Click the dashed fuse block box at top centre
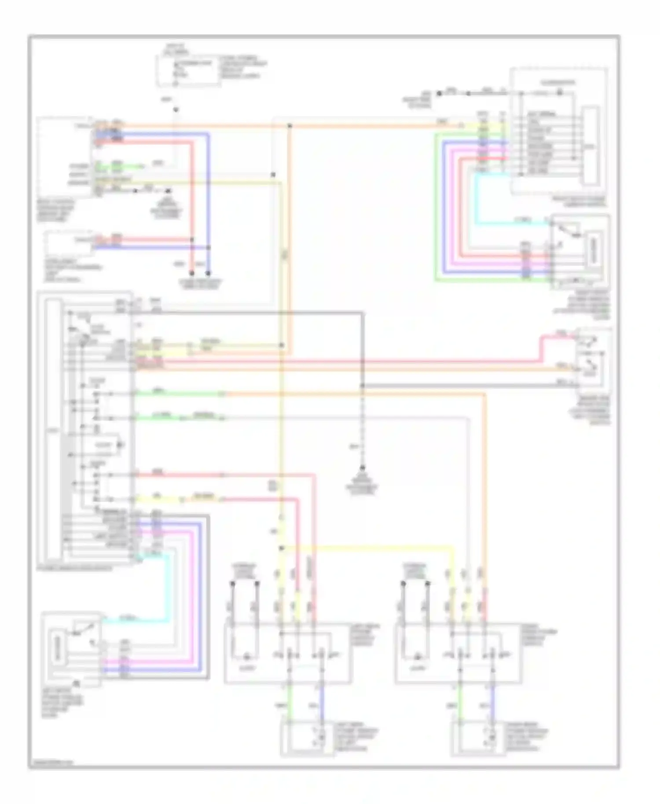click(x=188, y=70)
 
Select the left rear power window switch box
click(x=288, y=653)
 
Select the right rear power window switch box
click(x=458, y=653)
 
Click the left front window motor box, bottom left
click(x=71, y=649)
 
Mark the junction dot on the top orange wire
click(x=290, y=126)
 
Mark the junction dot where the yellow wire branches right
click(x=282, y=548)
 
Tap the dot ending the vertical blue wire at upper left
click(x=208, y=273)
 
